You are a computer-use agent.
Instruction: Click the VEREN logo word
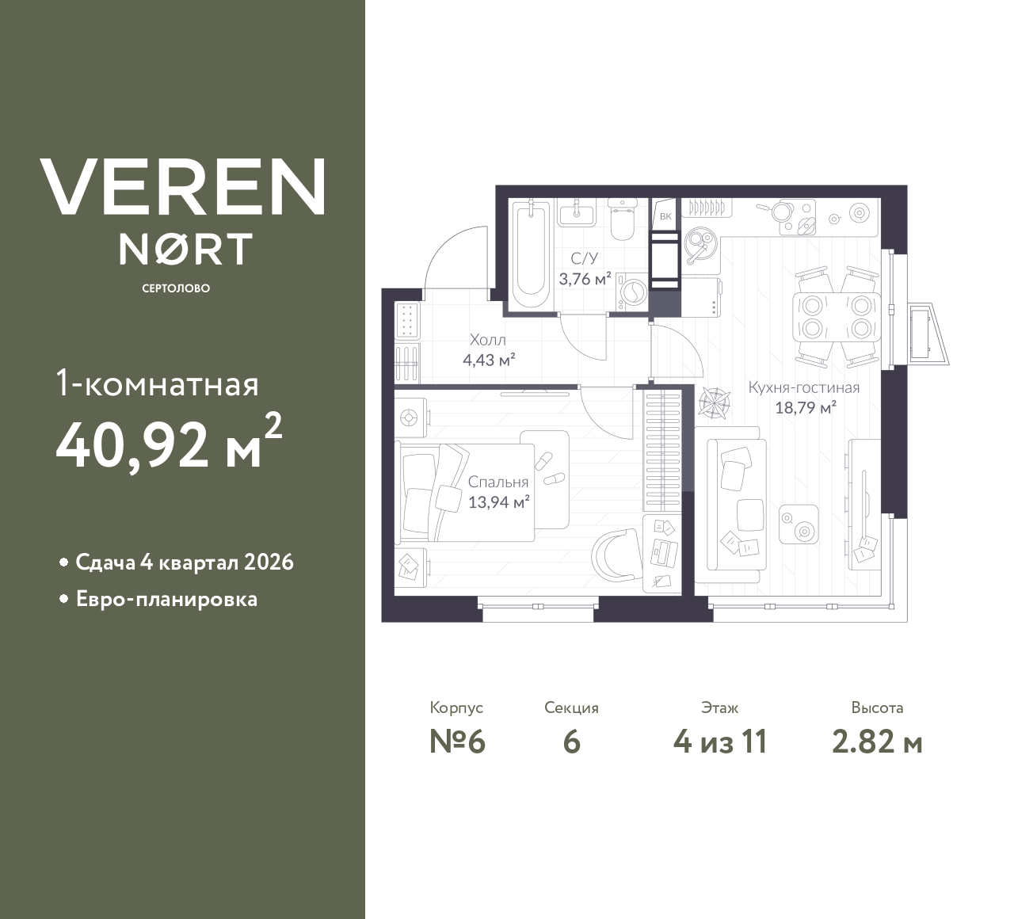[x=182, y=186]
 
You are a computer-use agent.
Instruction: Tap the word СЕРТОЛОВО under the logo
[x=176, y=288]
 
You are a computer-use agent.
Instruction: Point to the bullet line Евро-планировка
[x=166, y=599]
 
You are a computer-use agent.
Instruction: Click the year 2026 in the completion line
[x=269, y=562]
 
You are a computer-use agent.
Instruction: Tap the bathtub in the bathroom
[x=530, y=257]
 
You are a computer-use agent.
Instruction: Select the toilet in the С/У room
[x=622, y=221]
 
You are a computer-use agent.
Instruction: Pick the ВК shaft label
[x=665, y=216]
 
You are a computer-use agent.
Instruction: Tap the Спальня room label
[x=497, y=482]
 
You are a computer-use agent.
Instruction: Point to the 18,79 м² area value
[x=805, y=408]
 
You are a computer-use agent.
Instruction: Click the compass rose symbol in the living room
[x=715, y=401]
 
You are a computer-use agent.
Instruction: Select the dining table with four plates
[x=837, y=316]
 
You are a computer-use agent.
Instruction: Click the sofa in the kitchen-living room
[x=734, y=504]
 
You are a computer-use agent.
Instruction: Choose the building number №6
[x=456, y=742]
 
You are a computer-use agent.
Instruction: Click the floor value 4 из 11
[x=719, y=742]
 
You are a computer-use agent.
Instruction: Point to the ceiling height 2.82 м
[x=877, y=742]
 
